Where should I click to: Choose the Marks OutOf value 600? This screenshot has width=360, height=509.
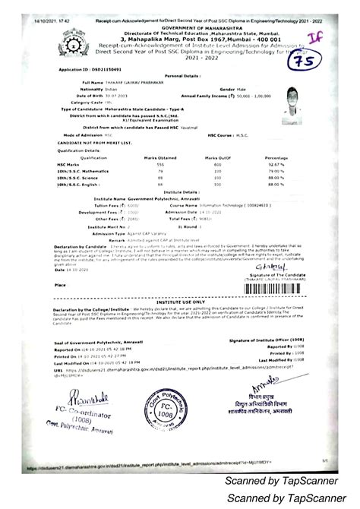tap(217, 164)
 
